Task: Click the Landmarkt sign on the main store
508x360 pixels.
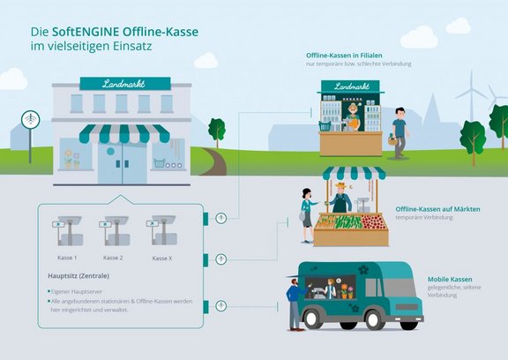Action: click(124, 84)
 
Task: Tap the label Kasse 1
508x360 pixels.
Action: click(67, 257)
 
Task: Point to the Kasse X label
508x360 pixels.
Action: click(161, 258)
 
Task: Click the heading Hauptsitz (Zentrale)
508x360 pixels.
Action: click(78, 276)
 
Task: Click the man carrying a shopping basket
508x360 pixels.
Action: click(400, 133)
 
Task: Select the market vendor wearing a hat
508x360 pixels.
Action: click(341, 199)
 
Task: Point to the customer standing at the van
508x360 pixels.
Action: click(293, 304)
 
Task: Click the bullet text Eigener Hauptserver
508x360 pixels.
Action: click(85, 289)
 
